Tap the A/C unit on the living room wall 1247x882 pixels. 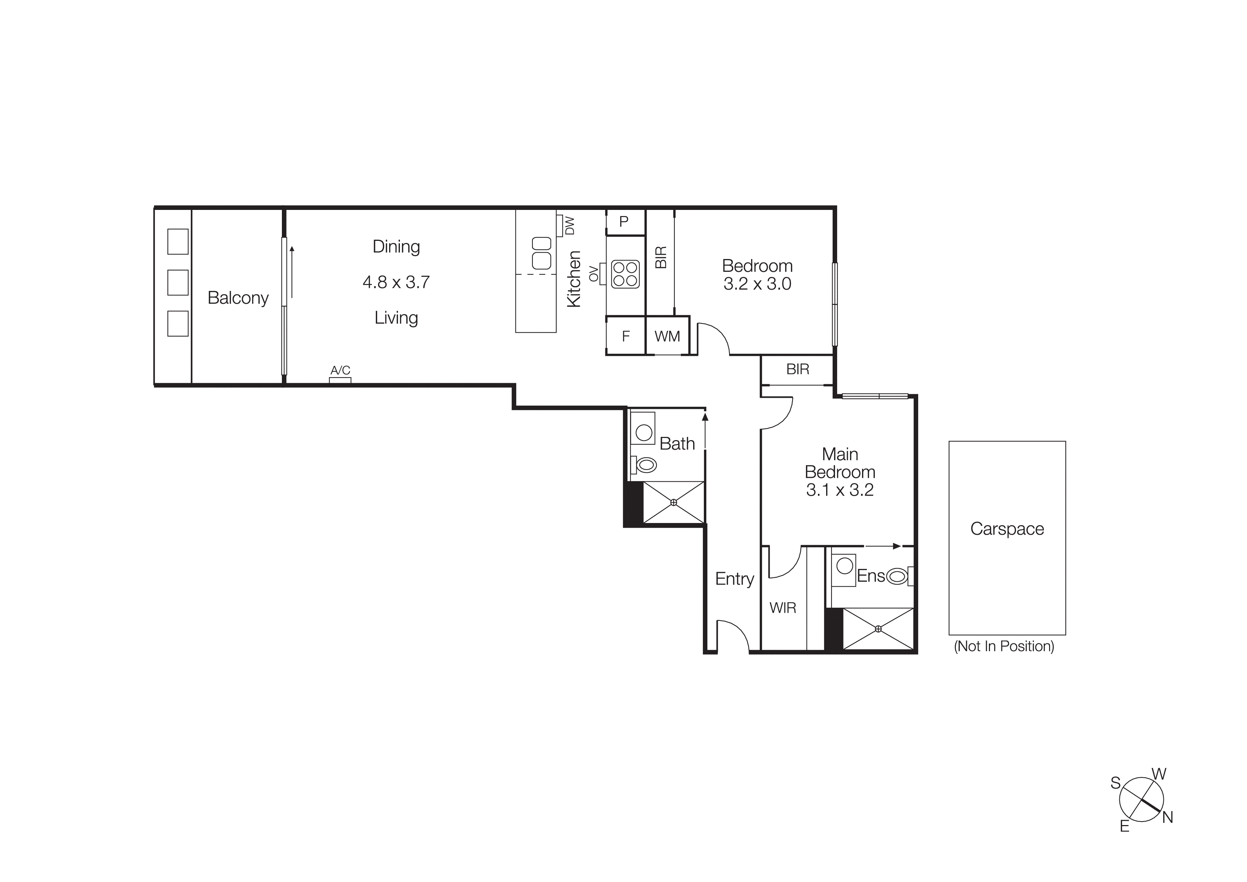tap(340, 380)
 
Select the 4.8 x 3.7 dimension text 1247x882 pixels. tap(396, 282)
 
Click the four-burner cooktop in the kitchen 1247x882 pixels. tap(625, 274)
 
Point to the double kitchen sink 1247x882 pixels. tap(541, 253)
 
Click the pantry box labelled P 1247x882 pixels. tap(624, 222)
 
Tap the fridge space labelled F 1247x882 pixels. tap(626, 336)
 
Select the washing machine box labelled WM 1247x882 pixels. tap(667, 336)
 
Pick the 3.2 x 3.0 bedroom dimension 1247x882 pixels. tap(757, 284)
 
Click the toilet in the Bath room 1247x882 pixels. tap(645, 465)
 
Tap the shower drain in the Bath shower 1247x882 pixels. tap(674, 503)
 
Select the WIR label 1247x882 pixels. tap(783, 608)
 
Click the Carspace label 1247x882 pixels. tap(1007, 529)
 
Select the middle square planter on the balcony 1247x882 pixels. tap(178, 282)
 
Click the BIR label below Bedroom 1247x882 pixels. tap(797, 370)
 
